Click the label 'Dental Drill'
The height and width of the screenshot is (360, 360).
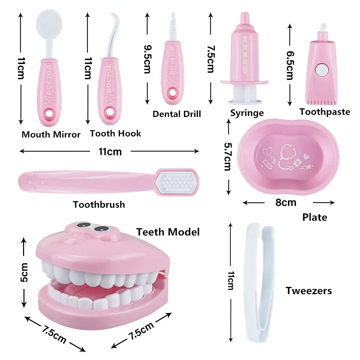177,114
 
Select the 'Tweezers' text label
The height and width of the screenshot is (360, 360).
309,291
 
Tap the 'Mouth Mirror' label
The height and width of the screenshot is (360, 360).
51,135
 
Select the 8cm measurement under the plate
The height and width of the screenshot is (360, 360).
286,203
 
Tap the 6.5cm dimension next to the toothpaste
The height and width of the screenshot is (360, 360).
290,65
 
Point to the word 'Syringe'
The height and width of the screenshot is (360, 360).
247,113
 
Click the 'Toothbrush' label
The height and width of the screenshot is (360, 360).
99,204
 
